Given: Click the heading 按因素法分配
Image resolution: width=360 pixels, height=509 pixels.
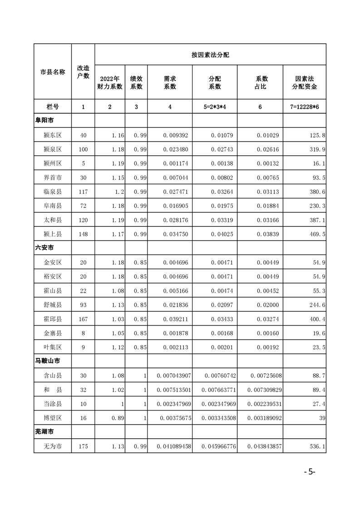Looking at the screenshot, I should tap(210, 55).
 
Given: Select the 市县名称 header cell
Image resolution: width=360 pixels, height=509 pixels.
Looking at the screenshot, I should tap(53, 72).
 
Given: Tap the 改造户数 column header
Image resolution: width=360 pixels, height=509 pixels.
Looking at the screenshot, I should tap(83, 71).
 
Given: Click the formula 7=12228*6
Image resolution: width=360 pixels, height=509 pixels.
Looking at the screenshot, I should tap(304, 107).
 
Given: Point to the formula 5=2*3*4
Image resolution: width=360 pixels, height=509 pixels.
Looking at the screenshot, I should tap(215, 107).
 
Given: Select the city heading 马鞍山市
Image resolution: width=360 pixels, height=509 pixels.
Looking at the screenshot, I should tap(48, 361).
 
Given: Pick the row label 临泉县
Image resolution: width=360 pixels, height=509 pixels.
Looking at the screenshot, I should tap(53, 191).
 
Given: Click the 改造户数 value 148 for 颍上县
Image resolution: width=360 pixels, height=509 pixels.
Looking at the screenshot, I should tap(83, 234).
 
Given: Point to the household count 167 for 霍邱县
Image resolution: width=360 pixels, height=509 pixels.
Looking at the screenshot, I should tap(83, 319).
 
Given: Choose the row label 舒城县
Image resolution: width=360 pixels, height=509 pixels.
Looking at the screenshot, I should tap(53, 305).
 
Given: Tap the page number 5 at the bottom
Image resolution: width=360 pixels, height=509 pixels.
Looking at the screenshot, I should tap(311, 471).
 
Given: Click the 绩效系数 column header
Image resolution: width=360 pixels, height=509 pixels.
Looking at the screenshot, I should tap(136, 83).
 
